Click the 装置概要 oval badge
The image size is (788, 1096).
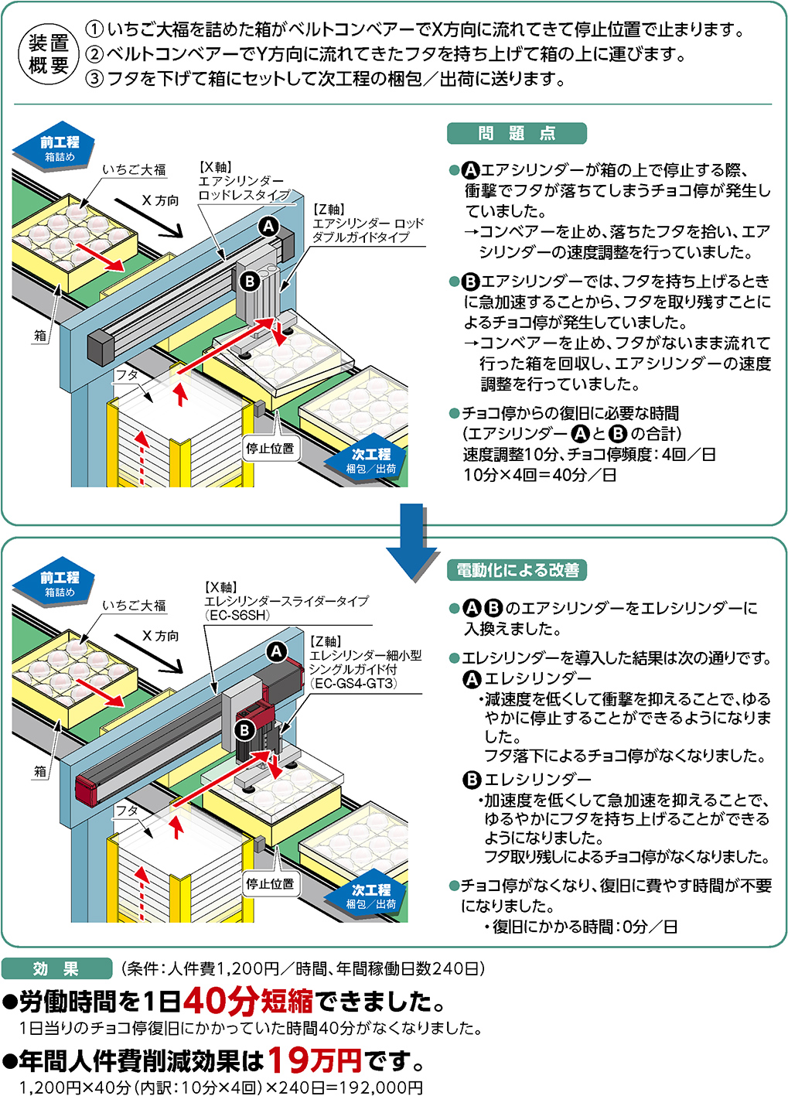(x=48, y=54)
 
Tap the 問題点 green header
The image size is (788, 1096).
(x=517, y=134)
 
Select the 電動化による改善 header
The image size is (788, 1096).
(x=517, y=570)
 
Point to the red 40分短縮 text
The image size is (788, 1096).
(x=247, y=1001)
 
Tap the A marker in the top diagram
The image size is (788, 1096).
(x=268, y=226)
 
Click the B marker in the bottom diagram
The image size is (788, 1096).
(x=245, y=729)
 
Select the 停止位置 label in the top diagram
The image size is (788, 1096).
(x=270, y=448)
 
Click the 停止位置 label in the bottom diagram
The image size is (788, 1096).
(x=270, y=883)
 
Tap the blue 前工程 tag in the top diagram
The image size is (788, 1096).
(x=60, y=147)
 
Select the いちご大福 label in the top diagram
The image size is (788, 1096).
(x=134, y=169)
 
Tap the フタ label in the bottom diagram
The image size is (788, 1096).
(x=126, y=810)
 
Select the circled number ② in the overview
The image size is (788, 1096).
(x=94, y=54)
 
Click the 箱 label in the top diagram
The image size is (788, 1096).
(x=40, y=335)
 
